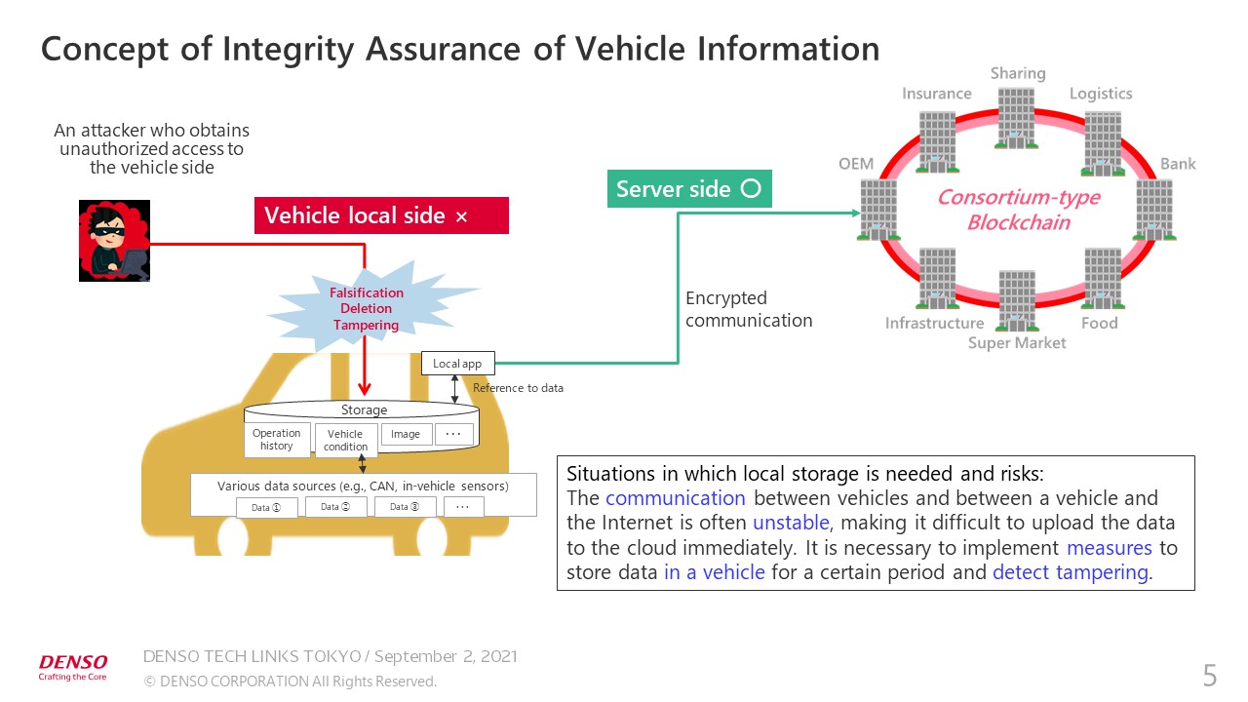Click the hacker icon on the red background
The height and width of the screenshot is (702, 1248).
(x=114, y=241)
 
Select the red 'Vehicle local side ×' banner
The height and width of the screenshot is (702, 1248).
(x=381, y=215)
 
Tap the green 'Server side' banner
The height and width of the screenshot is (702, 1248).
(x=689, y=189)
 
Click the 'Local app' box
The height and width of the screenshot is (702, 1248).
(x=457, y=364)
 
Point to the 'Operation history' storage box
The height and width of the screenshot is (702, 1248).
(x=276, y=440)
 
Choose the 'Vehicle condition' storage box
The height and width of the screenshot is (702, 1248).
(x=345, y=441)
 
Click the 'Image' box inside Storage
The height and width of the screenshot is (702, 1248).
(x=406, y=434)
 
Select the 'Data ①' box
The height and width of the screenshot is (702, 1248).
(x=266, y=507)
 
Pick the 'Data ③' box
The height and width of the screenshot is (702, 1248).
(x=405, y=506)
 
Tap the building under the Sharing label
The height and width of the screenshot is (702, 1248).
(x=1016, y=118)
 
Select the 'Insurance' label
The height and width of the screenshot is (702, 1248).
(x=936, y=94)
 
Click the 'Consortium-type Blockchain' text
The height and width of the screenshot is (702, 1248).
(x=1018, y=210)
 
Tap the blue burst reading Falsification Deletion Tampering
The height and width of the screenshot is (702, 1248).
(x=367, y=308)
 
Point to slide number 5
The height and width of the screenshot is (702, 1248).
(x=1210, y=675)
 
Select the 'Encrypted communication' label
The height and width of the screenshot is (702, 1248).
(x=749, y=309)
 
